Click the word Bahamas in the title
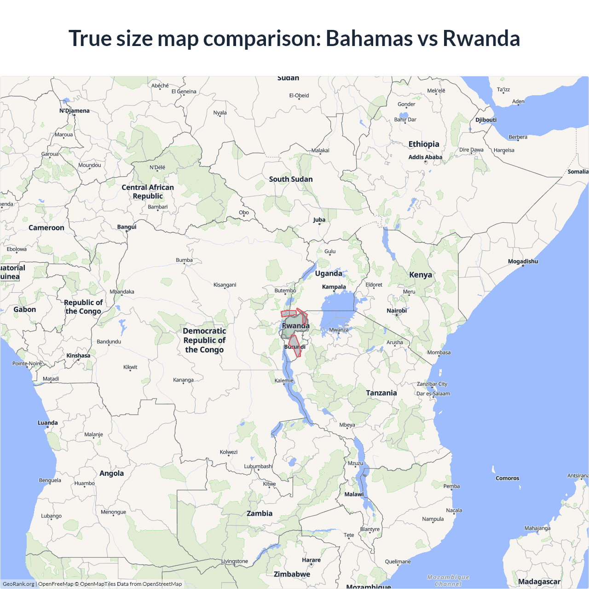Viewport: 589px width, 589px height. (369, 38)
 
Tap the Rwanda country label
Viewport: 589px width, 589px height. (295, 326)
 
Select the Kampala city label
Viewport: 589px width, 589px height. (334, 287)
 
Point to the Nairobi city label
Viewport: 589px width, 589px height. (396, 311)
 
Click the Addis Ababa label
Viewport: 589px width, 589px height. (425, 157)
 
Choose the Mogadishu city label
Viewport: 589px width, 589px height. (523, 261)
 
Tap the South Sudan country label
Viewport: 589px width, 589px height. (291, 179)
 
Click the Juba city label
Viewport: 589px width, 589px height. (319, 219)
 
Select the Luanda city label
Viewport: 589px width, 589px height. (47, 422)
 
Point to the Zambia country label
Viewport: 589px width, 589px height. (260, 513)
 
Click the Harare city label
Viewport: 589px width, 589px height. (311, 560)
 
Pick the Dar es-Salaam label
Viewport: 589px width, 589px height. (433, 393)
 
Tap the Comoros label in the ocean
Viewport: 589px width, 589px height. (507, 478)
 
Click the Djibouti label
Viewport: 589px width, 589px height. (486, 120)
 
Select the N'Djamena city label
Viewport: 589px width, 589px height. (74, 110)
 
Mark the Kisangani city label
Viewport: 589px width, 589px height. (225, 285)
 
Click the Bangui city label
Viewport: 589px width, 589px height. (127, 227)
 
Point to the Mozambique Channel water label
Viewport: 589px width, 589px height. (448, 580)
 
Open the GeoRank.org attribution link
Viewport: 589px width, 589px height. (18, 584)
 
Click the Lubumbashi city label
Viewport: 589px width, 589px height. (258, 466)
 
